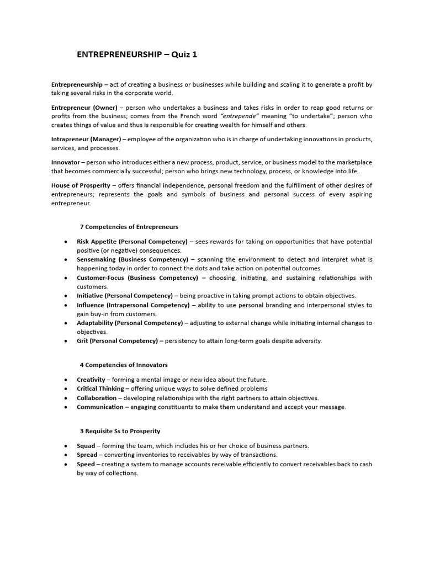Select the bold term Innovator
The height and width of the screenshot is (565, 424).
click(66, 162)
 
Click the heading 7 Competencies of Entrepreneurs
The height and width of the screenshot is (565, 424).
click(129, 227)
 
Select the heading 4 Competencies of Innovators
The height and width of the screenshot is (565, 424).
click(124, 365)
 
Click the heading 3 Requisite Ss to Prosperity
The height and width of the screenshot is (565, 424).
click(120, 430)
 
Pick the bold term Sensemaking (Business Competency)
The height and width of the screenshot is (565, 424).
click(132, 259)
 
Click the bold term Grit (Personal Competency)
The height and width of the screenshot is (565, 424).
click(117, 340)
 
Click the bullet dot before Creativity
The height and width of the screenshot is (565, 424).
click(66, 380)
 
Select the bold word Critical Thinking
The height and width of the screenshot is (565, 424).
click(100, 388)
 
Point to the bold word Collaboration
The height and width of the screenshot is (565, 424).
click(97, 398)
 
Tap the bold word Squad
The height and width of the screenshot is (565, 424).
click(86, 446)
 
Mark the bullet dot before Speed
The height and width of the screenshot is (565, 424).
click(66, 464)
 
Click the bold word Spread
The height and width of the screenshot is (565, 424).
click(87, 455)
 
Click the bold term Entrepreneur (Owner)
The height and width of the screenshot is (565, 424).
click(84, 107)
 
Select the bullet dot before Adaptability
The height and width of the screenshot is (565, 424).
click(66, 323)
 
